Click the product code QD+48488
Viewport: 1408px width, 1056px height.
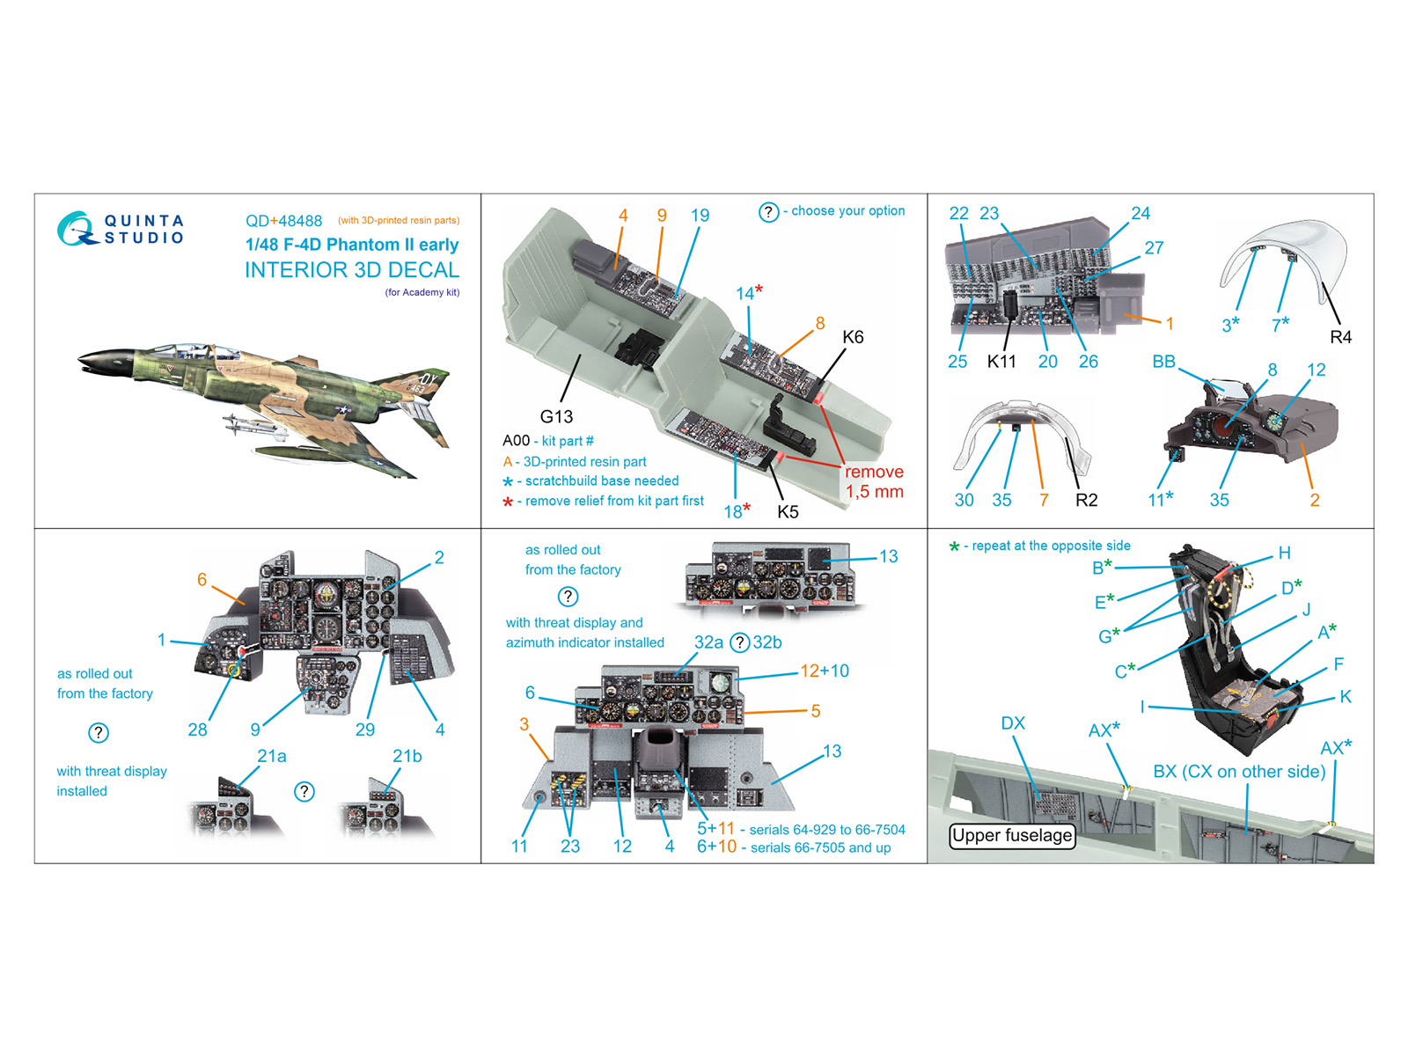click(x=283, y=221)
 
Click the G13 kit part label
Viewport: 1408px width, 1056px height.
click(x=556, y=416)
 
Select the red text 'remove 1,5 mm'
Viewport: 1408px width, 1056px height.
click(x=874, y=481)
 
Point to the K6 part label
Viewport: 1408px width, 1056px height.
click(x=853, y=337)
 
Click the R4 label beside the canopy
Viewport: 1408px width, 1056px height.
click(x=1340, y=337)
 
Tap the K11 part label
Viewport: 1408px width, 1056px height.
click(x=1001, y=362)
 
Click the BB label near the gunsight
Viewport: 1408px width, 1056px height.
click(x=1163, y=362)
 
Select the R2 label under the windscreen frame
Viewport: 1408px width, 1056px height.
click(x=1086, y=500)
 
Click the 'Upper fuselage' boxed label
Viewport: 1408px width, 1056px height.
click(x=1012, y=835)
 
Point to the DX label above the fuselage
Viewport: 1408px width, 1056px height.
click(x=1013, y=723)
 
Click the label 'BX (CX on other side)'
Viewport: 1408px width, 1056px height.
click(x=1239, y=772)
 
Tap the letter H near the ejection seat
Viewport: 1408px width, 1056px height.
click(x=1284, y=553)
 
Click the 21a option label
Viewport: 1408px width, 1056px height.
click(x=271, y=756)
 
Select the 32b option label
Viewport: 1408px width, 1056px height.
click(x=767, y=642)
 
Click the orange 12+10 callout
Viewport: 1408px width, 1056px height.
click(x=824, y=671)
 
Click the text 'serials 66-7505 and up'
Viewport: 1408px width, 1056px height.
click(x=820, y=847)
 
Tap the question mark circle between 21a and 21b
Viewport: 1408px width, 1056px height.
click(x=304, y=792)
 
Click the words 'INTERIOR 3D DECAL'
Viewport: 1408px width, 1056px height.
click(x=352, y=270)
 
